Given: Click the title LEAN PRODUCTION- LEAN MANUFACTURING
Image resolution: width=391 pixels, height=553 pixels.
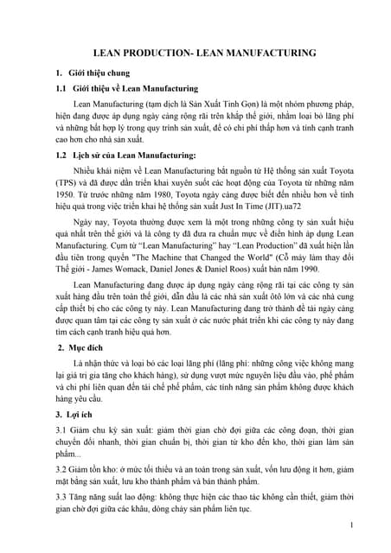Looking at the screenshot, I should click(195, 52).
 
